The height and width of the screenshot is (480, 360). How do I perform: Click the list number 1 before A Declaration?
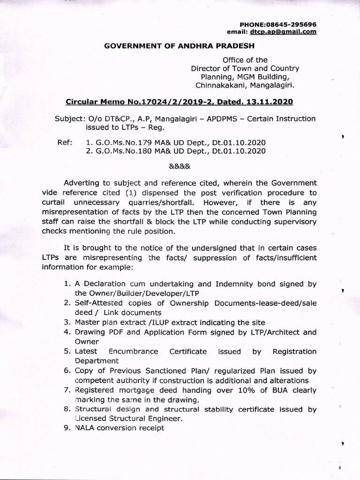67,284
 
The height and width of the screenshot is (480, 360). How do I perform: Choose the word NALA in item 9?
84,428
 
